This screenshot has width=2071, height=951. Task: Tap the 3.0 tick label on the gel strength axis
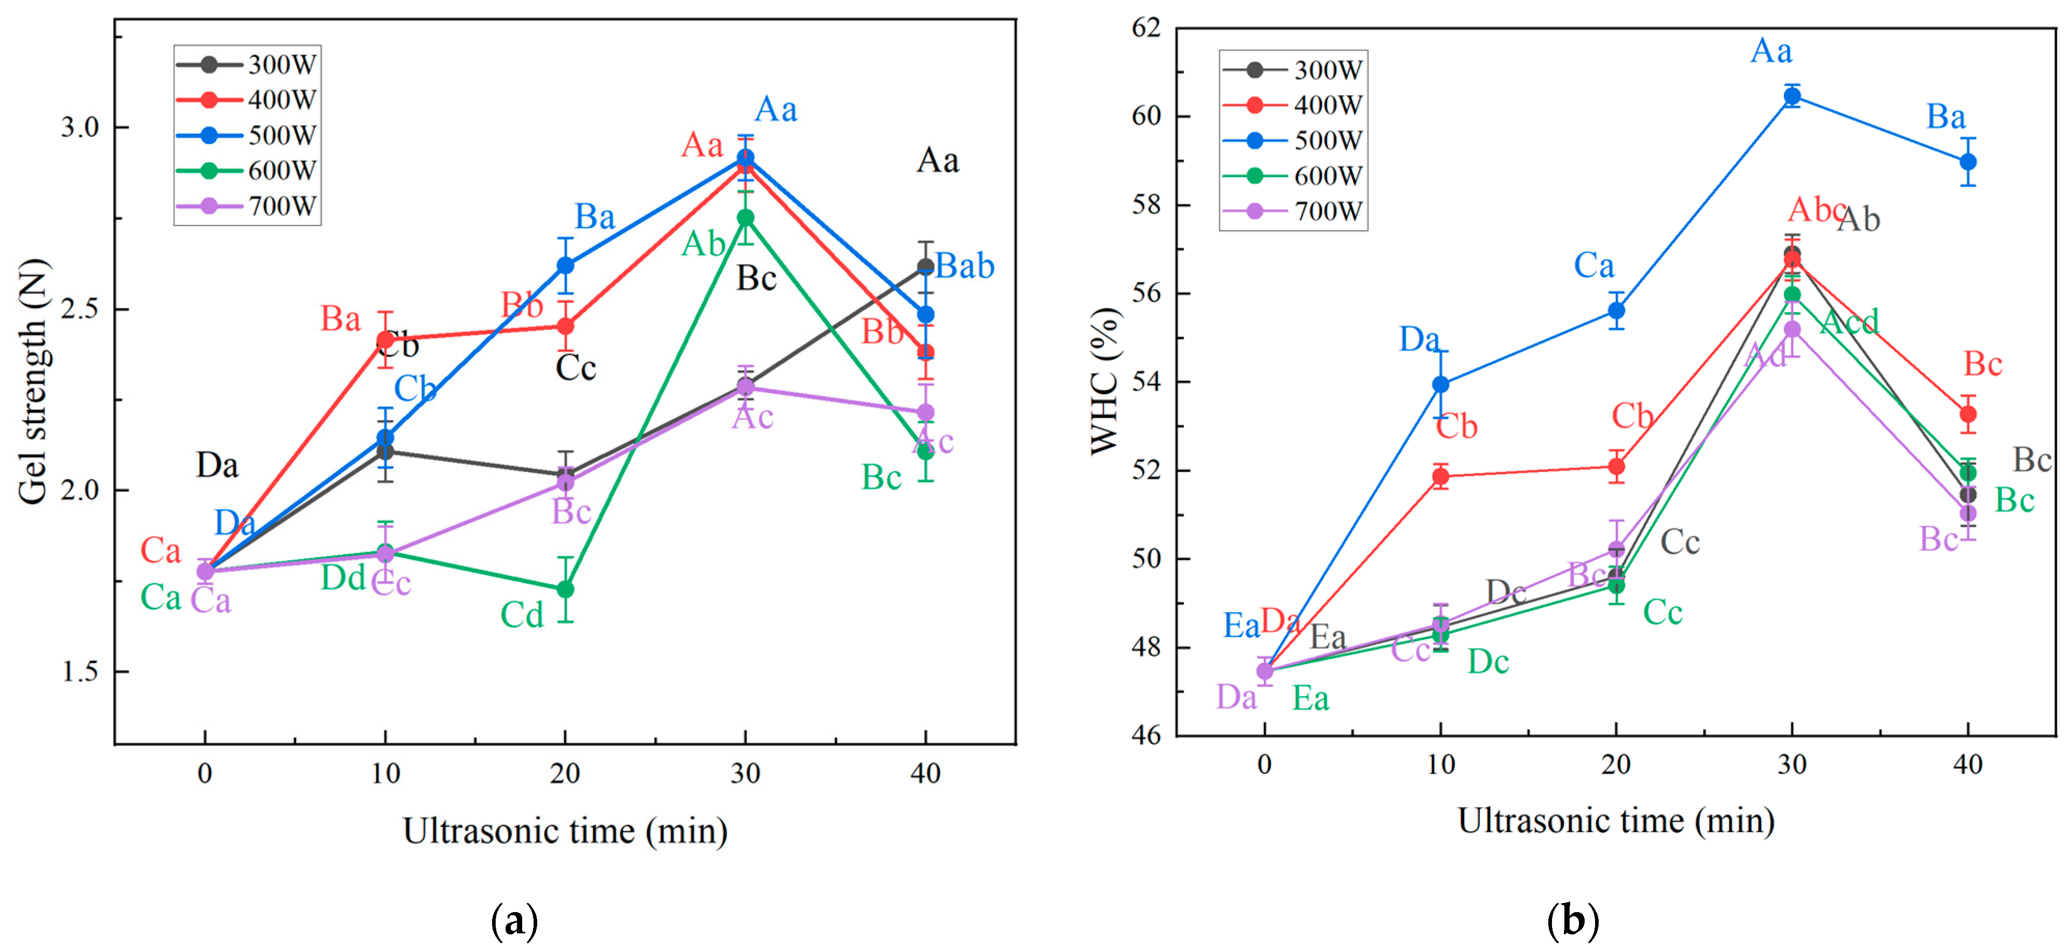[x=79, y=127]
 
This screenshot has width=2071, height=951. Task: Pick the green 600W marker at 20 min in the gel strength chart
[x=565, y=589]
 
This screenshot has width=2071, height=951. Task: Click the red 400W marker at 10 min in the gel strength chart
[x=386, y=340]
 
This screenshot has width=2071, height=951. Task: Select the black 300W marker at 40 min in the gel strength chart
[x=925, y=266]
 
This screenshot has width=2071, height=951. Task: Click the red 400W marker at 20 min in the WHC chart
[x=1616, y=466]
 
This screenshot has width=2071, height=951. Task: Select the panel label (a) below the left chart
[x=514, y=921]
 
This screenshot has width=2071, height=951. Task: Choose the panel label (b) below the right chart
[x=1573, y=921]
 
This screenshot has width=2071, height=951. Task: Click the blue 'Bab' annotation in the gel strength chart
[x=965, y=266]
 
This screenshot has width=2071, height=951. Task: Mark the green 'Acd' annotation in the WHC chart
[x=1849, y=322]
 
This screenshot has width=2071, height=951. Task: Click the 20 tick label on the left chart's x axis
[x=565, y=774]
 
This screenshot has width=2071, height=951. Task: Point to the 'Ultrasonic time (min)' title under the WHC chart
[x=1616, y=821]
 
